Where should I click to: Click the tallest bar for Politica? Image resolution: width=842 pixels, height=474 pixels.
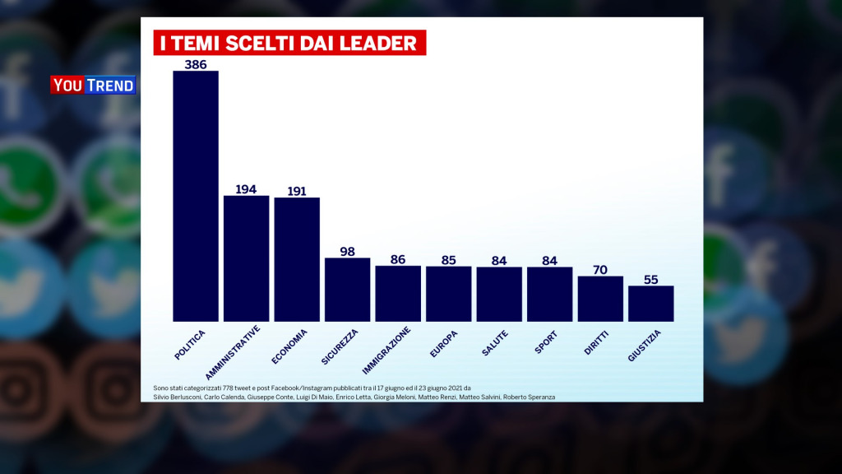click(196, 196)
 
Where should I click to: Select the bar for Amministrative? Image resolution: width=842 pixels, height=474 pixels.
click(246, 258)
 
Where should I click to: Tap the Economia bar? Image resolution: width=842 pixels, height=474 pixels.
click(297, 258)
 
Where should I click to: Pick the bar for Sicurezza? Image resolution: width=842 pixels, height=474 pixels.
click(347, 289)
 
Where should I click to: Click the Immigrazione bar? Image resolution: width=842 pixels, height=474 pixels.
click(398, 293)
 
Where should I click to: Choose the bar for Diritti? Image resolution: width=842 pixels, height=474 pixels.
click(600, 298)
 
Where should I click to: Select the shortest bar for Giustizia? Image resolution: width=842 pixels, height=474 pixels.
click(650, 303)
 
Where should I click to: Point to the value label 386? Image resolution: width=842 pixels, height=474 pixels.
click(196, 63)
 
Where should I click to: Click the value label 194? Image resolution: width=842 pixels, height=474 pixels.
click(246, 188)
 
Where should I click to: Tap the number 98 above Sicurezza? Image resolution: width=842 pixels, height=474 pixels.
click(347, 251)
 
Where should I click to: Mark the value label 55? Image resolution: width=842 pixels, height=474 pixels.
click(650, 279)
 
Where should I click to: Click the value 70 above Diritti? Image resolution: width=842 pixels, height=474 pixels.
click(600, 269)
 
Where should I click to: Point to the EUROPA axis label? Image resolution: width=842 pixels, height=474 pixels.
click(444, 343)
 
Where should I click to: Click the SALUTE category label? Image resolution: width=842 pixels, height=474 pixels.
click(495, 342)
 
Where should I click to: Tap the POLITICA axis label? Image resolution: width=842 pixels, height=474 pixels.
click(190, 344)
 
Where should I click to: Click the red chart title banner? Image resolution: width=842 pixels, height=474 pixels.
click(289, 43)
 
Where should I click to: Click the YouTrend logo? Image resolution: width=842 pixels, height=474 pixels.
click(93, 85)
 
